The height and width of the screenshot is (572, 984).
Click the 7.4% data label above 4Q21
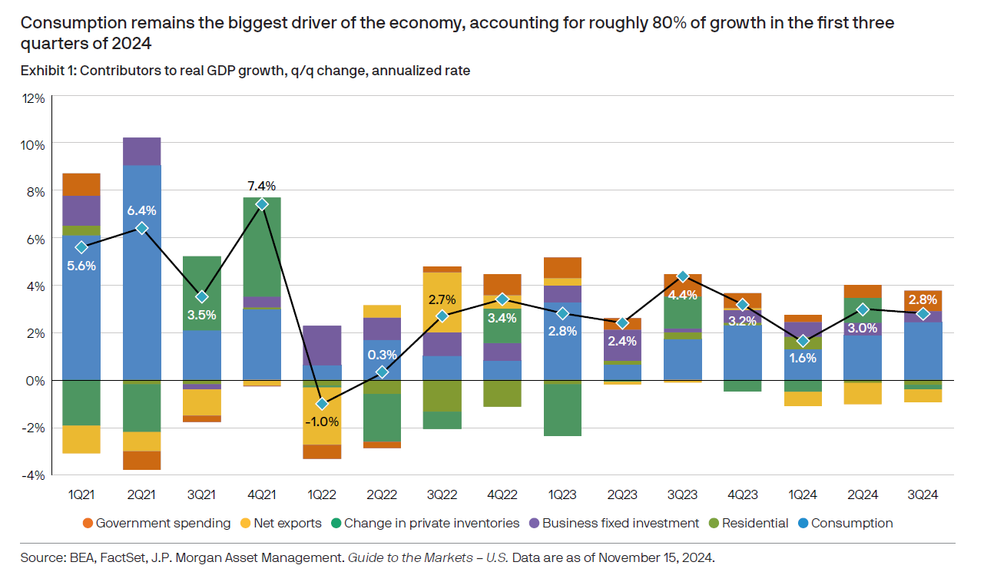261,186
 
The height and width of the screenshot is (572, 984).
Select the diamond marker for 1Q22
322,404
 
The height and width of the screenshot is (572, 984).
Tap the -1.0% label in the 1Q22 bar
322,422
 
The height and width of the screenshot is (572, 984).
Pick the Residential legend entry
754,523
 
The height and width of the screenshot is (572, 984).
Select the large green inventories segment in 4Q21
261,246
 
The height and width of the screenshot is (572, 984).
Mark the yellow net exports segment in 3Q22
442,303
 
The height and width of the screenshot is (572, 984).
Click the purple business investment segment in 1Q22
322,345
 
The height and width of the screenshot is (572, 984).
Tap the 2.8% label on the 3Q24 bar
923,299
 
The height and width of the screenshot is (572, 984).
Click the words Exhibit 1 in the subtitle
47,71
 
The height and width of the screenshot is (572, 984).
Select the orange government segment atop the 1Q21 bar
81,184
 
